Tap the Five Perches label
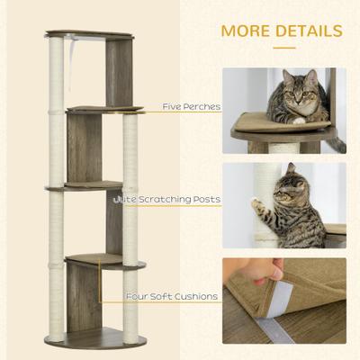pos(191,106)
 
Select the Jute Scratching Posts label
pos(167,199)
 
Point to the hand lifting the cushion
pos(267,270)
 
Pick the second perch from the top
pos(106,110)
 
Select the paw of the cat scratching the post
pos(261,206)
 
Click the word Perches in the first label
pos(202,106)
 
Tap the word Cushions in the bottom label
pos(197,295)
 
